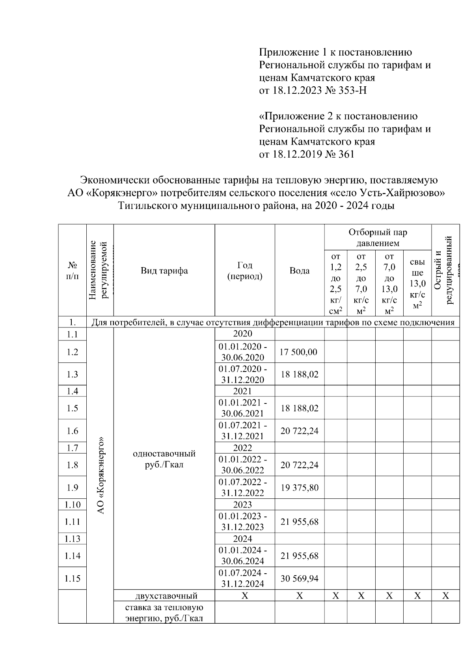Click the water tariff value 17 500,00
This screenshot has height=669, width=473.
click(x=298, y=352)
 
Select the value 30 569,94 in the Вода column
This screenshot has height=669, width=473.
click(x=299, y=578)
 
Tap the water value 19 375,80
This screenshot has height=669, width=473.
click(x=299, y=488)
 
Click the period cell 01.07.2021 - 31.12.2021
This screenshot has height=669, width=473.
click(x=243, y=431)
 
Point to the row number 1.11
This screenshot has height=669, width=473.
click(x=73, y=522)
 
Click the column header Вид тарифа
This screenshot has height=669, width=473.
click(x=164, y=271)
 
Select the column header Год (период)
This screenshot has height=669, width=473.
click(x=245, y=271)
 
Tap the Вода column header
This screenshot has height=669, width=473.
click(x=300, y=271)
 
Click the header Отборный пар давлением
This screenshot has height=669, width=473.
click(x=378, y=238)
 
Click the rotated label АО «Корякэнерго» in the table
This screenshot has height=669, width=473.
click(x=101, y=475)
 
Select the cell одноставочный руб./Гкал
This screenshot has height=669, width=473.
click(x=164, y=459)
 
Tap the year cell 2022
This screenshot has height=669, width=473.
click(x=242, y=448)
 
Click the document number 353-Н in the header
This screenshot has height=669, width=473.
click(x=353, y=91)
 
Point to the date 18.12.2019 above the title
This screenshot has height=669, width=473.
click(x=297, y=154)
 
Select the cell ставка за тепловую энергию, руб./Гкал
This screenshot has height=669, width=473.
click(x=164, y=612)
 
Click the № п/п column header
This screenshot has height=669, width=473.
click(x=72, y=271)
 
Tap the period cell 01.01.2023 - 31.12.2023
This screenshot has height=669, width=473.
click(x=243, y=522)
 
